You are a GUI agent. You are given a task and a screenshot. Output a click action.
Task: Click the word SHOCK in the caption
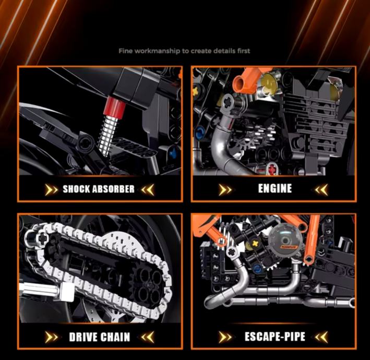76,189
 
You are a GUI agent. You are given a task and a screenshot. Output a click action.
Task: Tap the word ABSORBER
113,189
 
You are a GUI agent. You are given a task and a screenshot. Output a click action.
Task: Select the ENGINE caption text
275,188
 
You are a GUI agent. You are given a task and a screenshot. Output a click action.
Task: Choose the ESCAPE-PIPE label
275,337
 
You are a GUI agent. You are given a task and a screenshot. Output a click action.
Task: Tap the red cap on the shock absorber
115,107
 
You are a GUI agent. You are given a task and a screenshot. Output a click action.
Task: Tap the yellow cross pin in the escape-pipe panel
255,244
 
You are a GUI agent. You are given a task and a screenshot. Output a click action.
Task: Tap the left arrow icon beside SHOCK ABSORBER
51,189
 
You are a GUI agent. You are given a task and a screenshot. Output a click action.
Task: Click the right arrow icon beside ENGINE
321,189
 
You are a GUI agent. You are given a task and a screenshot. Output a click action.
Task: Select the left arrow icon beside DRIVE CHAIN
51,337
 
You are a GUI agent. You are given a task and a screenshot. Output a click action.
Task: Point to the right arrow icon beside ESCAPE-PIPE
321,337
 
